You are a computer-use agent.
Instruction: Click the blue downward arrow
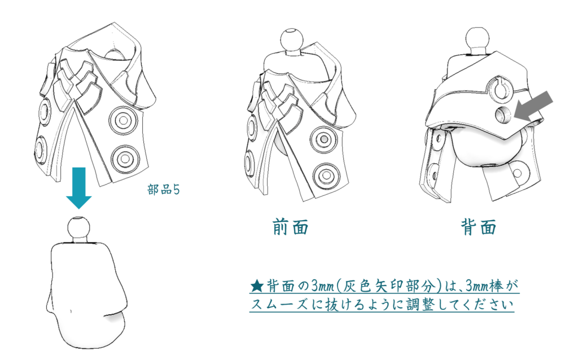click(x=79, y=187)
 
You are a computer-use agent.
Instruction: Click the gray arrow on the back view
click(x=533, y=106)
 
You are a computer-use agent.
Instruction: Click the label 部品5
click(x=163, y=190)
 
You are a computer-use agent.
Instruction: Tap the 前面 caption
click(x=291, y=227)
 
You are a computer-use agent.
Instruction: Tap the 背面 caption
click(x=479, y=227)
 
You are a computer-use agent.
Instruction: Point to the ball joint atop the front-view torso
click(x=292, y=39)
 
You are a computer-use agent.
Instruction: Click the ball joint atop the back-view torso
click(x=478, y=39)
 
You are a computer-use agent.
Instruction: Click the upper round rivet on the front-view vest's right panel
click(x=323, y=139)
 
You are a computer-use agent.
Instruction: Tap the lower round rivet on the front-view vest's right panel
click(x=326, y=175)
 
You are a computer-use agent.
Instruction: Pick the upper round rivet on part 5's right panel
click(x=124, y=120)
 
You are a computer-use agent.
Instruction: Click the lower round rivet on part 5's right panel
click(x=125, y=159)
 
